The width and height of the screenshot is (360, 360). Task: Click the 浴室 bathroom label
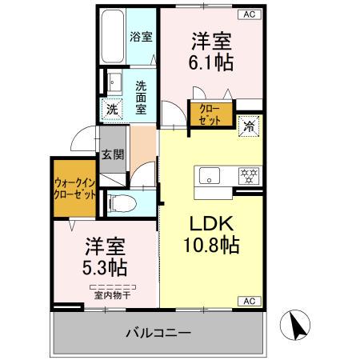click(142, 36)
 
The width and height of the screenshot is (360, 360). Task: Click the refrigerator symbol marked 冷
click(249, 126)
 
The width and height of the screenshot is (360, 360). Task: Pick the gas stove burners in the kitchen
click(246, 174)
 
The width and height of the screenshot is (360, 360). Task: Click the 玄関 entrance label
click(113, 156)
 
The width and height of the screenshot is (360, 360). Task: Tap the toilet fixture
click(120, 203)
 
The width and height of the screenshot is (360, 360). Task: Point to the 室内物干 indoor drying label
click(111, 294)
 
